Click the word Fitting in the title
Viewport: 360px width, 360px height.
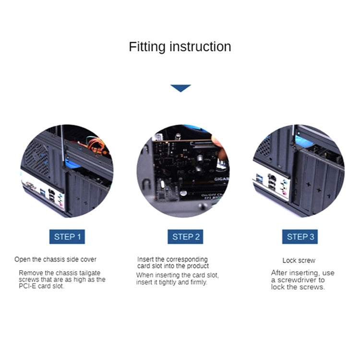(x=147, y=47)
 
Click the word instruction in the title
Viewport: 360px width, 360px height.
(x=200, y=47)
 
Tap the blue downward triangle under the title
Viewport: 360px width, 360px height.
(x=180, y=88)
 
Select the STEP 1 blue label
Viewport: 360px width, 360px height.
(x=67, y=237)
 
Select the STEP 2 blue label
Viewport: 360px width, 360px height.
(x=185, y=237)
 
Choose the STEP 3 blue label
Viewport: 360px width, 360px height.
(x=300, y=237)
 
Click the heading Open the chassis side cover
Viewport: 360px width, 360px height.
(x=55, y=259)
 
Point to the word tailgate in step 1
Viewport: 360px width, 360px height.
(x=90, y=273)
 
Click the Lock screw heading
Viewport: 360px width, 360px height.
(x=299, y=260)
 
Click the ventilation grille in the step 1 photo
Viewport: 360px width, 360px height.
(x=37, y=157)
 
